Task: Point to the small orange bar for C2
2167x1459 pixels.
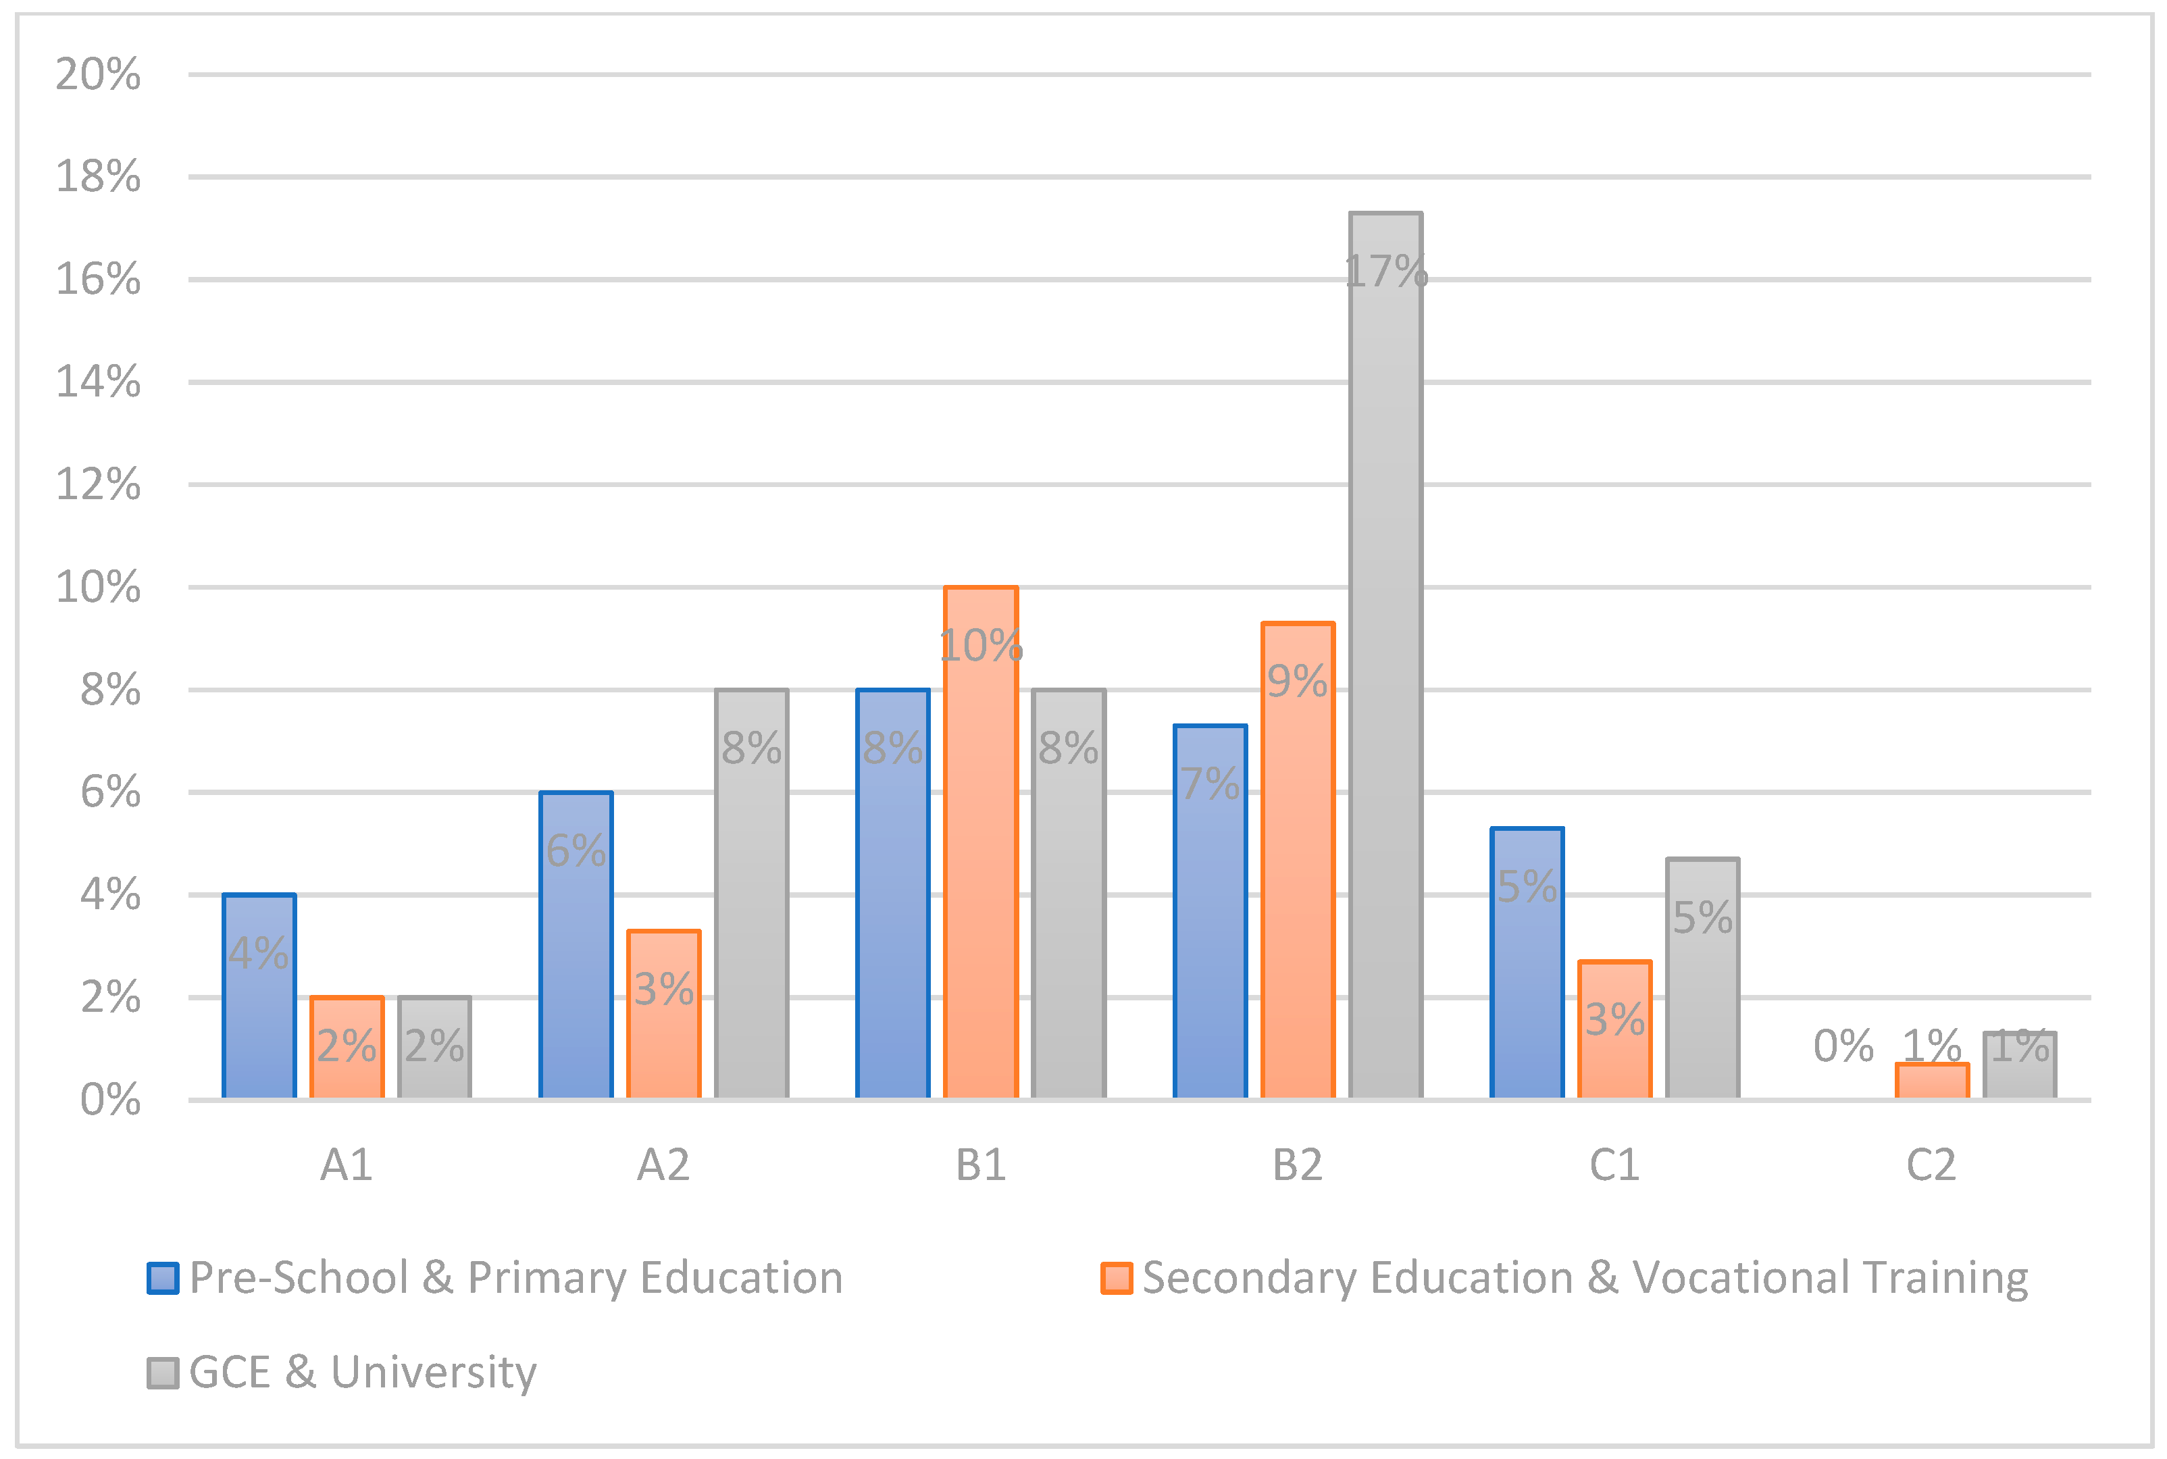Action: pos(1932,1082)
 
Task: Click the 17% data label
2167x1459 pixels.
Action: pos(1385,272)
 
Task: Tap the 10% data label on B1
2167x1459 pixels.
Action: pos(981,646)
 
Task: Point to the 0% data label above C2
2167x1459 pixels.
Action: pos(1843,1046)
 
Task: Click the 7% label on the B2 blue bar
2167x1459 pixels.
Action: pos(1210,784)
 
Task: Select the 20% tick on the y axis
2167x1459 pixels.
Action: pos(98,74)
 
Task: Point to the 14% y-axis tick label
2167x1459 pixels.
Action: pos(98,382)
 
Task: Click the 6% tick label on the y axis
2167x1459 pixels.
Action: pos(110,793)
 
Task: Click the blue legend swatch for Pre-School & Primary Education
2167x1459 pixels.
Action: pos(163,1279)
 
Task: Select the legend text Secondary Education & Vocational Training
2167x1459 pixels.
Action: pos(1585,1279)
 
